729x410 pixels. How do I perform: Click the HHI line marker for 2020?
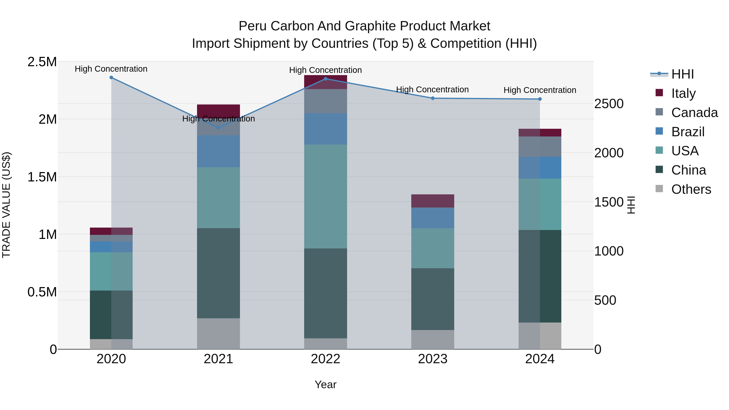(111, 78)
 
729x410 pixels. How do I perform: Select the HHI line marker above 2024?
(540, 99)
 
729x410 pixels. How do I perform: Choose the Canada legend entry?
(694, 112)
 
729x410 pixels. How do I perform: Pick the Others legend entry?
(691, 189)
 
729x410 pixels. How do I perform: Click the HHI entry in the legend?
(682, 74)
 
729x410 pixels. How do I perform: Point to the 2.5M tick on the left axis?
(42, 62)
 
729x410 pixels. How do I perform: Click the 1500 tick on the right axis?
(609, 202)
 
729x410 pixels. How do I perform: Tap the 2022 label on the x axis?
(325, 359)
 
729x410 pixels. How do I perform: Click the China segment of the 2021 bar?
(218, 273)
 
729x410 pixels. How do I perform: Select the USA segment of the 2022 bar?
(325, 196)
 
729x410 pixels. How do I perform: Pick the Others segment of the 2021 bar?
(218, 334)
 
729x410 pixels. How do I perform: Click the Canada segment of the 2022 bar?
(325, 101)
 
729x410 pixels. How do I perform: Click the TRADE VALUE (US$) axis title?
(6, 205)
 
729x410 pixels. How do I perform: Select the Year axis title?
(325, 384)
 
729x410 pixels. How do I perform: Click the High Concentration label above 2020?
(111, 69)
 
